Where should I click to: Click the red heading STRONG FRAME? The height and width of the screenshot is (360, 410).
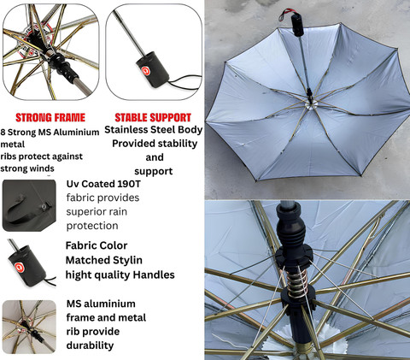tap(50, 118)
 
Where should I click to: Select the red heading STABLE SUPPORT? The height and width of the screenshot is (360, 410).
tap(153, 118)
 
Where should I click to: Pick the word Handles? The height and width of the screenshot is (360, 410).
tap(154, 274)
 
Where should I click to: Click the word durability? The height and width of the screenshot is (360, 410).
tap(90, 345)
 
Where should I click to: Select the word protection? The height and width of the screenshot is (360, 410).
tap(92, 226)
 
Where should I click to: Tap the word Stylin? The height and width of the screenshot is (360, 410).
tap(127, 261)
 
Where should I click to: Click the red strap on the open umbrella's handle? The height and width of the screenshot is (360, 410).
tap(288, 14)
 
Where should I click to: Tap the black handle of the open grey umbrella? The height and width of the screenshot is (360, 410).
tap(297, 26)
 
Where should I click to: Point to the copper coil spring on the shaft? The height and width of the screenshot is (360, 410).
tap(297, 281)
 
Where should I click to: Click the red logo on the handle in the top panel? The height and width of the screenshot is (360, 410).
tap(146, 71)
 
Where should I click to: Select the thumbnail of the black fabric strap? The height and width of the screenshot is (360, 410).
tap(29, 205)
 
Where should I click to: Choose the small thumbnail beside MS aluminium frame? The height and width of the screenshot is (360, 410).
tap(29, 327)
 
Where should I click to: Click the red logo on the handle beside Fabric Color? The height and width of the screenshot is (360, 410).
tap(20, 267)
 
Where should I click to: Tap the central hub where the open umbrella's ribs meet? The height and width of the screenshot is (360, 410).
tap(309, 104)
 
